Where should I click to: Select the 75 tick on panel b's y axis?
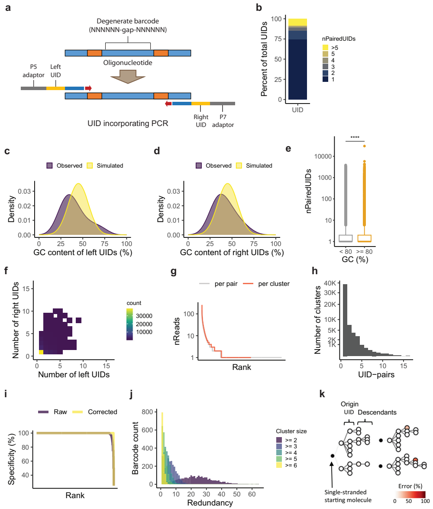(x=276, y=39)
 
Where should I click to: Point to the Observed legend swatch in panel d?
(x=199, y=165)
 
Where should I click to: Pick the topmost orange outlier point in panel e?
(x=365, y=146)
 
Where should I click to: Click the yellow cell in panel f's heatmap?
(x=41, y=352)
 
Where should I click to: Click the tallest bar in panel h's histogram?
(x=345, y=321)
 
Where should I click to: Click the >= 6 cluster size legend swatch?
(x=280, y=466)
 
